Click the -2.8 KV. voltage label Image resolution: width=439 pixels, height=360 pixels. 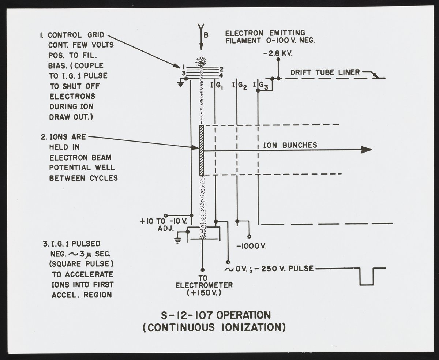click(278, 53)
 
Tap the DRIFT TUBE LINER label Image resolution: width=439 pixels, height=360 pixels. click(325, 72)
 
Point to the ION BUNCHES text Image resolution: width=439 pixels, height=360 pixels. click(290, 145)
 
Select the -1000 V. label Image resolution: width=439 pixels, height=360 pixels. click(251, 246)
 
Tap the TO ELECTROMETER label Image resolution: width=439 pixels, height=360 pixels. click(204, 282)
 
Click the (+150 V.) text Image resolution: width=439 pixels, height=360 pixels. click(204, 293)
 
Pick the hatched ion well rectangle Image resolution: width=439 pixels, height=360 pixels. click(201, 150)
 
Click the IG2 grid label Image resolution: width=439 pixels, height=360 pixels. click(240, 86)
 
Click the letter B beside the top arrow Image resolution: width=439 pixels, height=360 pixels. click(206, 35)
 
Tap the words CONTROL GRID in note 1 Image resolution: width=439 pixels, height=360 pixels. click(76, 35)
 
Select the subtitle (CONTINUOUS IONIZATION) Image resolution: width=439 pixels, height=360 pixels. click(214, 327)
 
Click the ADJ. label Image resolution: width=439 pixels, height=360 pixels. click(166, 229)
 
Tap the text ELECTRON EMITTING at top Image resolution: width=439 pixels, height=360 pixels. click(265, 33)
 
